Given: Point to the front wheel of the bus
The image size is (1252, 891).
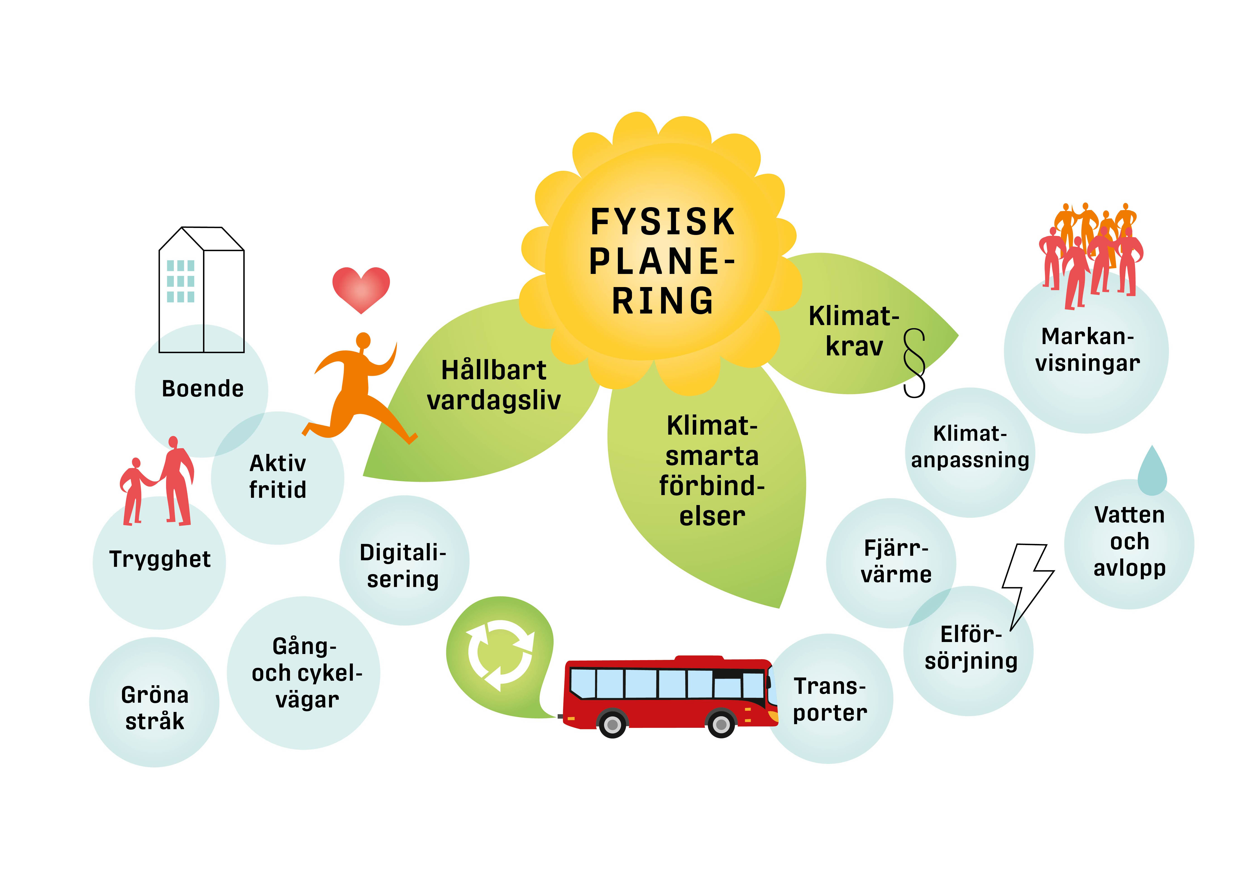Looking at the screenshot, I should click(x=721, y=724).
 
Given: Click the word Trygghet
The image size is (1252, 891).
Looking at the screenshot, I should click(x=160, y=559).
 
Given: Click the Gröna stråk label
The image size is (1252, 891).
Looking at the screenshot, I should click(x=155, y=708).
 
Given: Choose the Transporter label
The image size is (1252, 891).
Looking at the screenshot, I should click(x=830, y=699).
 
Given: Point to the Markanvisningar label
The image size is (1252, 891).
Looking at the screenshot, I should click(x=1087, y=350).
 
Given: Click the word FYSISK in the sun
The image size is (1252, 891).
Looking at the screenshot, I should click(x=662, y=222).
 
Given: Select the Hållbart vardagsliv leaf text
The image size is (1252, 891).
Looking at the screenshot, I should click(x=494, y=385).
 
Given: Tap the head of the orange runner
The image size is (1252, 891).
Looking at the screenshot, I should click(x=363, y=341).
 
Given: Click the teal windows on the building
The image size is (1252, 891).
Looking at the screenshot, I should click(x=180, y=281).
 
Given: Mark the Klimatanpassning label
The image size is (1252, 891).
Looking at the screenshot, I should click(x=970, y=447).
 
